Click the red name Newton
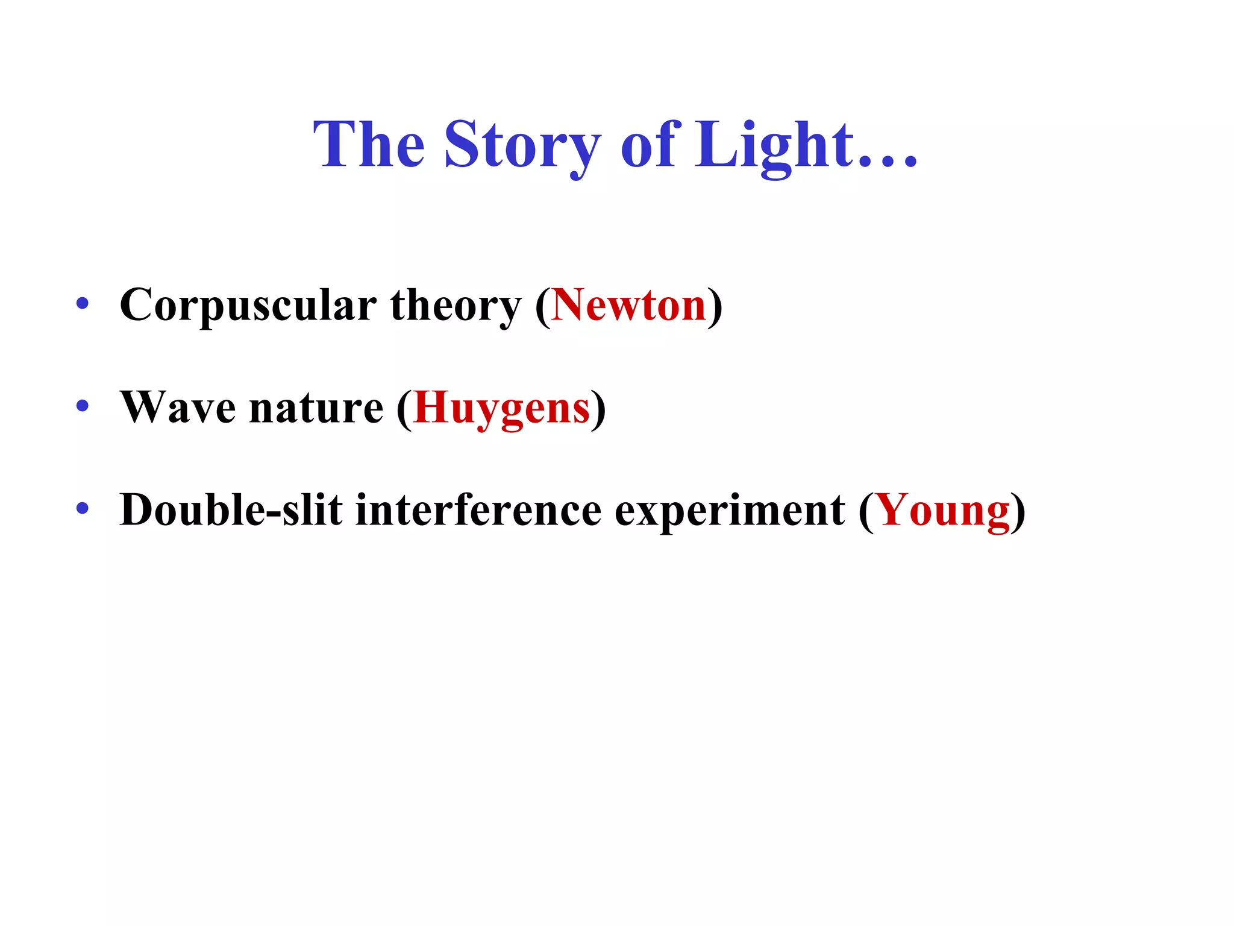628,305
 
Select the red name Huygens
502,408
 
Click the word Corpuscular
248,305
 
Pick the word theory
456,305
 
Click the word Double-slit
231,511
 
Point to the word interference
478,511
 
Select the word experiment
730,511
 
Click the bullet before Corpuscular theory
83,303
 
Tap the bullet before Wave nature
83,406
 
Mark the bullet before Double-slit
83,508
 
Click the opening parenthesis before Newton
543,306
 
